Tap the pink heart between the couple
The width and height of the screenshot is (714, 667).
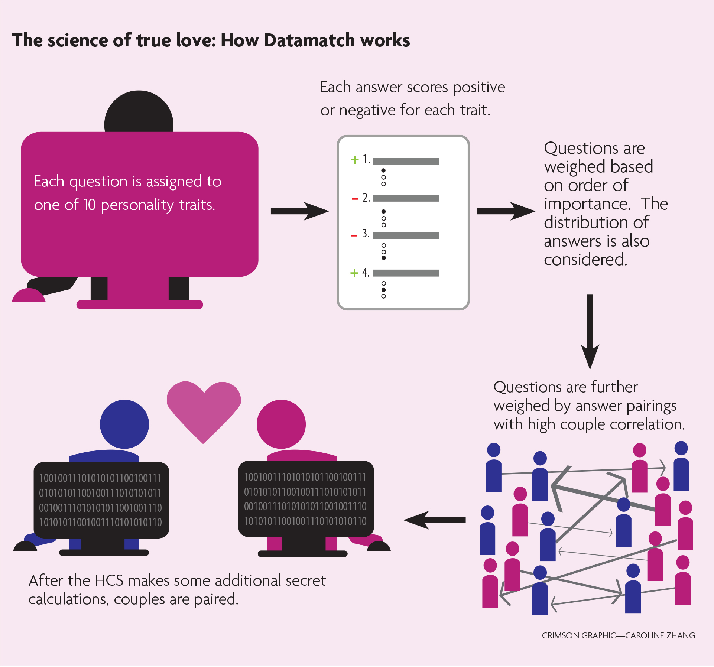click(204, 409)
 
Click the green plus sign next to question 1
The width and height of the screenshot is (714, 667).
click(354, 160)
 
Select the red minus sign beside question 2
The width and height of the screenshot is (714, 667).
click(355, 199)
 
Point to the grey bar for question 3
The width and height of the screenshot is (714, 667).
click(406, 235)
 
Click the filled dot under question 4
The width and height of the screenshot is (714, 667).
click(384, 290)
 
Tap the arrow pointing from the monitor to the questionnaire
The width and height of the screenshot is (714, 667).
click(299, 211)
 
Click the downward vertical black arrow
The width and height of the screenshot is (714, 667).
click(590, 331)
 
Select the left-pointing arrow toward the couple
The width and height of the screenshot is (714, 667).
click(435, 520)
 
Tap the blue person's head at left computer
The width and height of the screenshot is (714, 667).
click(124, 424)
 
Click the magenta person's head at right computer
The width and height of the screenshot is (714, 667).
click(281, 424)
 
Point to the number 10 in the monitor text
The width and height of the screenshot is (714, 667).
click(90, 205)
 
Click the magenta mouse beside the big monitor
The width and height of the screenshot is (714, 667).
click(28, 296)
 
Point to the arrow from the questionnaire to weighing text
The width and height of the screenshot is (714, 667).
click(505, 211)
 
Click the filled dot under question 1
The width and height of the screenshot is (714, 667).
click(384, 170)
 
